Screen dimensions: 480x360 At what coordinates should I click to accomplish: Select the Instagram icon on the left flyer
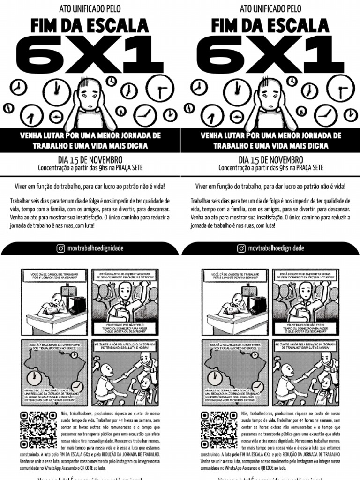[60, 248]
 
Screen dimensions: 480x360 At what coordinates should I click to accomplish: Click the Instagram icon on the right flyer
[241, 248]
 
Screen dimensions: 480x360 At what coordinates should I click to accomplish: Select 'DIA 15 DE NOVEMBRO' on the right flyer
[270, 160]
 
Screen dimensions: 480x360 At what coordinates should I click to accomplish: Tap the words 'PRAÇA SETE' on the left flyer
[127, 167]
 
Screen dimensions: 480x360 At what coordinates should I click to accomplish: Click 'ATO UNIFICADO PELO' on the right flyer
[270, 8]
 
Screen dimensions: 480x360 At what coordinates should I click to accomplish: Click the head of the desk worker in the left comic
[57, 299]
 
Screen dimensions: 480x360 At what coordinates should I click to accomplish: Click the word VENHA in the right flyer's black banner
[212, 135]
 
